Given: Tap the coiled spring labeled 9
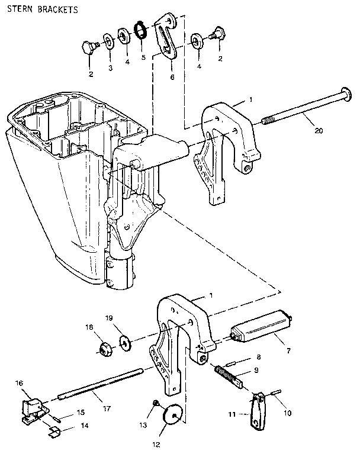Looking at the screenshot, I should click(x=229, y=375).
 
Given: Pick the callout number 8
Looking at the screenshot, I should click(x=258, y=357).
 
